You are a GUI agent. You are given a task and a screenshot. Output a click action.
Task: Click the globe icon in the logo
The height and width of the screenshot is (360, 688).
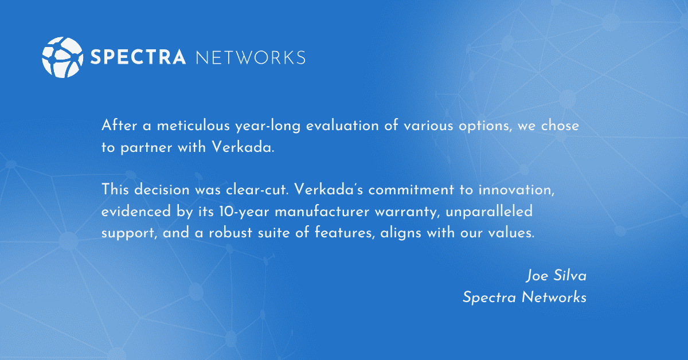60,57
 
